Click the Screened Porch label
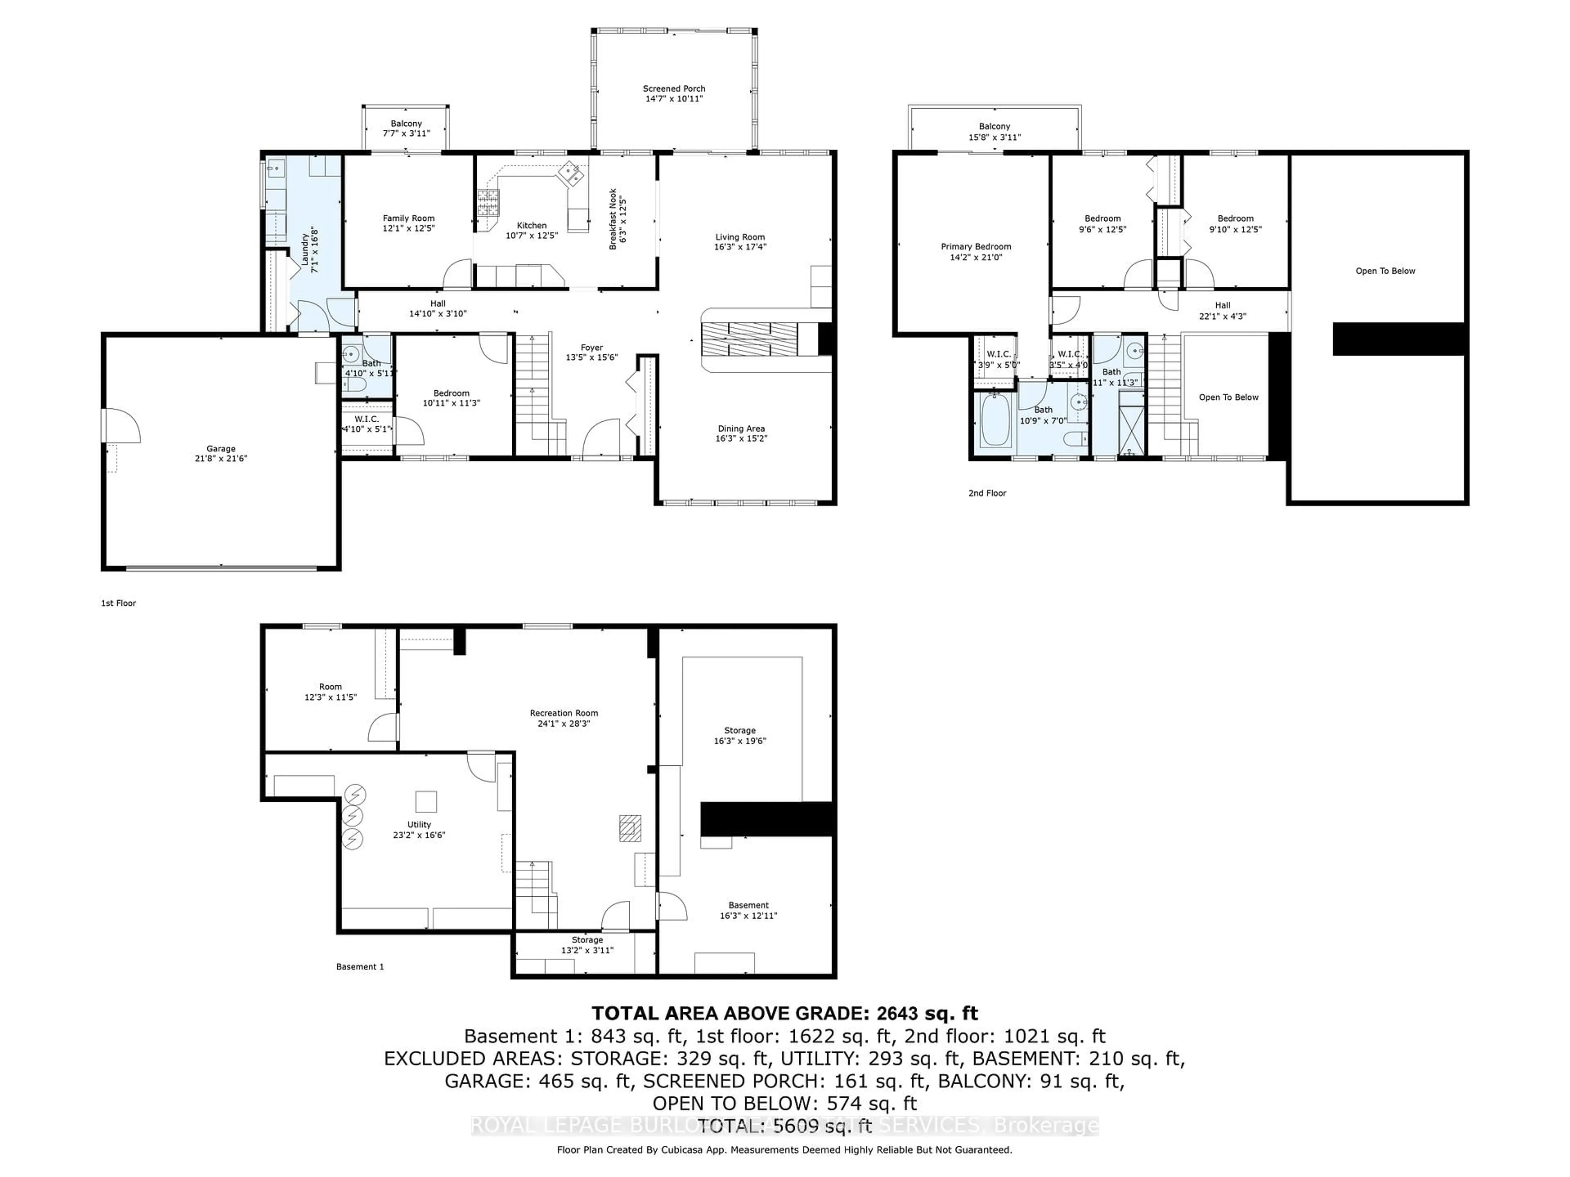[x=673, y=89]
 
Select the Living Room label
[x=740, y=237]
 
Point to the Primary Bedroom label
[x=976, y=247]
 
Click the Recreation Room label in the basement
[x=563, y=713]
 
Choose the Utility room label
[x=419, y=824]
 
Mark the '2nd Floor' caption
[x=987, y=493]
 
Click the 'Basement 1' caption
[x=360, y=966]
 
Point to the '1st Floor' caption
[x=119, y=603]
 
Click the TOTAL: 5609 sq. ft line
[x=784, y=1126]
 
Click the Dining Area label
[x=741, y=429]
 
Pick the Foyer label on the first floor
[x=591, y=348]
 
